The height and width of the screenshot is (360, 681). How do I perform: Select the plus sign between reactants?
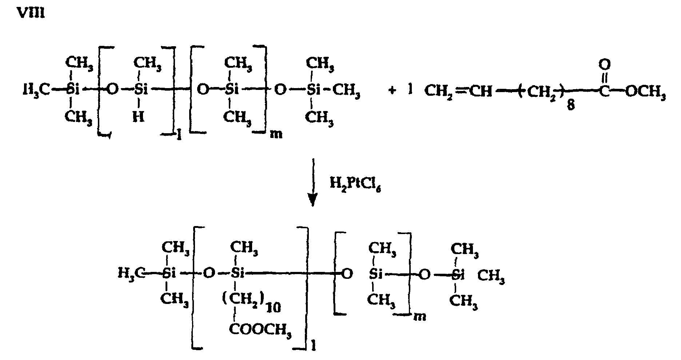pyautogui.click(x=392, y=90)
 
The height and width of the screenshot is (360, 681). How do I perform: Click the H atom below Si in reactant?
pyautogui.click(x=139, y=116)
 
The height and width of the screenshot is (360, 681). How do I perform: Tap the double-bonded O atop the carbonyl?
pyautogui.click(x=604, y=65)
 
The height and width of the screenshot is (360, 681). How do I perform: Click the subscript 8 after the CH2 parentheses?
pyautogui.click(x=571, y=106)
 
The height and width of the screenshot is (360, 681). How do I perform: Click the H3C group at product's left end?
pyautogui.click(x=131, y=273)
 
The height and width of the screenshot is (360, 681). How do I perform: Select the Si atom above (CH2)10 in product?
pyautogui.click(x=237, y=273)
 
